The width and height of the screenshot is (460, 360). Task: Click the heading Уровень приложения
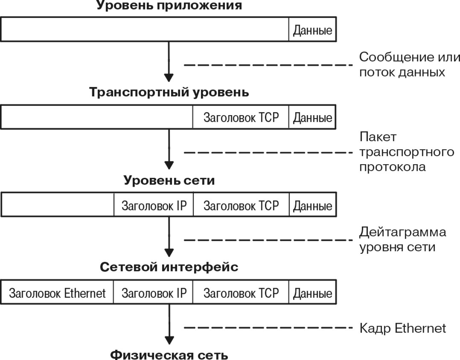(169, 6)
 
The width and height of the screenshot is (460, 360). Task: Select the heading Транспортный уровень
(169, 93)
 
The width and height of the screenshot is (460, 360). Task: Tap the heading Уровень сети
(169, 180)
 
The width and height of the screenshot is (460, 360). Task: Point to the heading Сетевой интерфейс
(169, 267)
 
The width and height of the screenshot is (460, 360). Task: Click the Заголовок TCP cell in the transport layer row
(241, 117)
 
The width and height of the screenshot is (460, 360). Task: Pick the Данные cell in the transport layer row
(312, 117)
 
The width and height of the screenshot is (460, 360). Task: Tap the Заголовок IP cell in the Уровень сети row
(154, 205)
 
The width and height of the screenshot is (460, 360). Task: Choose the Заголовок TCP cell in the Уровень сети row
(241, 205)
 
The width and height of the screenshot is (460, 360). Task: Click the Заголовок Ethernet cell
(58, 293)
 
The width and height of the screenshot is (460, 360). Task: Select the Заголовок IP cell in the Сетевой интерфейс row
(154, 293)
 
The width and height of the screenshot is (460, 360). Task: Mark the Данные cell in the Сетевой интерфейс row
(312, 293)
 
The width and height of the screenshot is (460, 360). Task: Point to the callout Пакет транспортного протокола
(406, 152)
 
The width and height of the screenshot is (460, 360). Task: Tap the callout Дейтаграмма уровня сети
(402, 239)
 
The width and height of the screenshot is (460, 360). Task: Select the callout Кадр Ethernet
(402, 328)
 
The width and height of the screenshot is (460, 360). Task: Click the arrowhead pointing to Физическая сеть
(169, 340)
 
